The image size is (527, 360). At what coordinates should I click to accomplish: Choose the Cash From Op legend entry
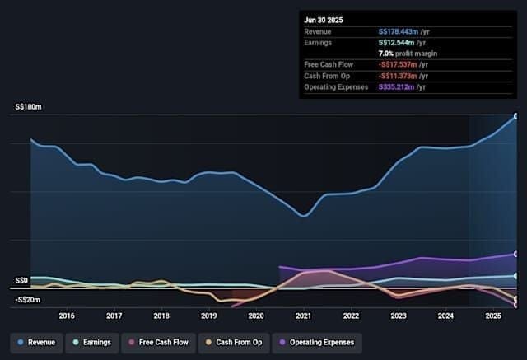pyautogui.click(x=236, y=341)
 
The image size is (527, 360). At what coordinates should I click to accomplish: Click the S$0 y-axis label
pyautogui.click(x=22, y=280)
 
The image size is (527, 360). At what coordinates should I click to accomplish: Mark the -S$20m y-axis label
pyautogui.click(x=26, y=300)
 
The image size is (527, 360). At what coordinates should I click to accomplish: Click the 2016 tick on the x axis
pyautogui.click(x=67, y=316)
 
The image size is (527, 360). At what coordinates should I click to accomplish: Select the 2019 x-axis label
pyautogui.click(x=209, y=316)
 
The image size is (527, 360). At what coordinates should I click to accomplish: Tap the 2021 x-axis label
pyautogui.click(x=304, y=316)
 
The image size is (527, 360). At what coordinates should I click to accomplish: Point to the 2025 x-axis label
pyautogui.click(x=493, y=316)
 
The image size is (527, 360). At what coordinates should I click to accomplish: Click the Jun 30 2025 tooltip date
pyautogui.click(x=324, y=19)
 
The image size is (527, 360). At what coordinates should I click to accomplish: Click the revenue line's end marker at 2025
pyautogui.click(x=516, y=116)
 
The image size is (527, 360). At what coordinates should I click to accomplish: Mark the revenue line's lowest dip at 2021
pyautogui.click(x=304, y=216)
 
